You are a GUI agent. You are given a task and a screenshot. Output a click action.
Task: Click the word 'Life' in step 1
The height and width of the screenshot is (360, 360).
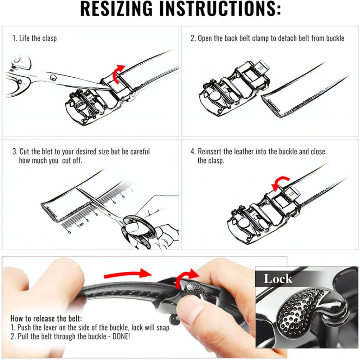24,38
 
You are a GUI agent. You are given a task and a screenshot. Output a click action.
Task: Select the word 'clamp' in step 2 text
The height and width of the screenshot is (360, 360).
261,38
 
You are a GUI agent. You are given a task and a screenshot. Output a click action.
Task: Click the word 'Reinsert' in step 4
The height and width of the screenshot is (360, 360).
210,152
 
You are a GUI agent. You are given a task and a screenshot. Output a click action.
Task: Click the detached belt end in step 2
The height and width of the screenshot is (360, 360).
299,95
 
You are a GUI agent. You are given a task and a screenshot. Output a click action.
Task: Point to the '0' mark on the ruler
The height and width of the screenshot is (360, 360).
69,232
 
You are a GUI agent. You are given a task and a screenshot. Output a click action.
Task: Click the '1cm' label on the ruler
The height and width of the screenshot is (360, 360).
81,224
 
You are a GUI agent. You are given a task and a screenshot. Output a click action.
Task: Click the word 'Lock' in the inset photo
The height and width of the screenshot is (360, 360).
278,279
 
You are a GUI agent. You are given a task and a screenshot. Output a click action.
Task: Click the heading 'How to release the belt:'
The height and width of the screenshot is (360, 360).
46,319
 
